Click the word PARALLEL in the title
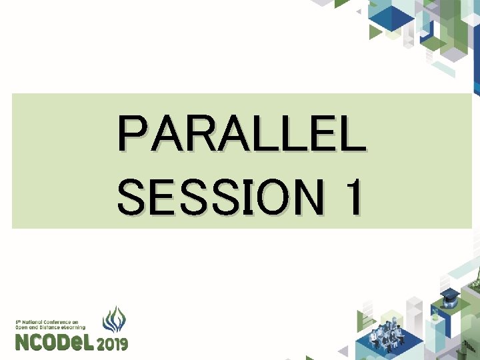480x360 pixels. [x=241, y=134]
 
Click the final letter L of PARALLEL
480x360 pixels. [x=351, y=134]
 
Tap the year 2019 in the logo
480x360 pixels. [x=113, y=344]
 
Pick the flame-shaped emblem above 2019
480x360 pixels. [x=114, y=320]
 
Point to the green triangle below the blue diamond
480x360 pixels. [x=377, y=31]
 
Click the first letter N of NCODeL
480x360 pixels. [x=22, y=343]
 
